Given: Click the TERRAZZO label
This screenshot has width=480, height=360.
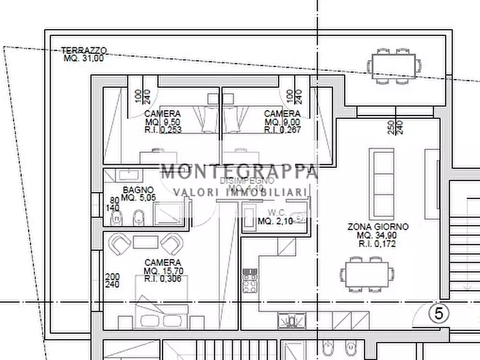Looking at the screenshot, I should (84, 51).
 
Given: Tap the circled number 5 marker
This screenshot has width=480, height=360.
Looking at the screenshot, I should (438, 313).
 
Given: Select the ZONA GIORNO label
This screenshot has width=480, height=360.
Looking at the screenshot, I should (378, 227).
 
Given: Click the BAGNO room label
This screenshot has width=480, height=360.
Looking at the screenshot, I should (138, 190).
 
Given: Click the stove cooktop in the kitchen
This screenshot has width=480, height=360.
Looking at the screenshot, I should (250, 280).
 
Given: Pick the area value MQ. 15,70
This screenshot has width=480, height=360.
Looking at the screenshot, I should (163, 270).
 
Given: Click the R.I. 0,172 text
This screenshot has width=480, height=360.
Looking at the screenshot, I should (378, 243).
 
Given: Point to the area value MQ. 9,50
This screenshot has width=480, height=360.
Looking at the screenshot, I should (163, 122).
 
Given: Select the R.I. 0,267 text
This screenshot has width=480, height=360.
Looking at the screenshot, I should (282, 130).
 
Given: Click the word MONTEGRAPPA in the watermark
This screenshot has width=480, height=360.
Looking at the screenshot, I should (239, 172).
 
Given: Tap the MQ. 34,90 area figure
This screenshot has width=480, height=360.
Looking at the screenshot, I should (378, 235).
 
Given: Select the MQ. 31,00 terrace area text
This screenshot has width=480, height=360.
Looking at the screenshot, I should (83, 58).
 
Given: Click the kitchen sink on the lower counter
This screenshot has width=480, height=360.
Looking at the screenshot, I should (292, 321).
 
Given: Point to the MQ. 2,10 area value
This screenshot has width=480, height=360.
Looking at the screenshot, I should (275, 221).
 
